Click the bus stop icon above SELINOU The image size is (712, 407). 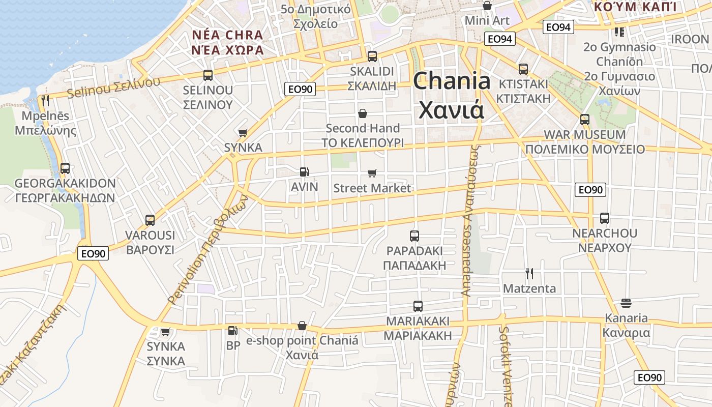pyautogui.click(x=207, y=75)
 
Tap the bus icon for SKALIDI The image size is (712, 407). pyautogui.click(x=372, y=56)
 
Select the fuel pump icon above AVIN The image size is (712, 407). pyautogui.click(x=304, y=172)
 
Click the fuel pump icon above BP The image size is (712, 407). pyautogui.click(x=232, y=331)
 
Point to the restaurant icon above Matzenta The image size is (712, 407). pyautogui.click(x=529, y=274)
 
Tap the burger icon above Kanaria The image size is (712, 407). pyautogui.click(x=626, y=303)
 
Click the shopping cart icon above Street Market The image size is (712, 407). pyautogui.click(x=372, y=173)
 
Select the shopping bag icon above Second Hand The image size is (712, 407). pyautogui.click(x=362, y=113)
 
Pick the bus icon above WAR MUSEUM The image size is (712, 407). pyautogui.click(x=585, y=120)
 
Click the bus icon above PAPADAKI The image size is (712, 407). pyautogui.click(x=414, y=236)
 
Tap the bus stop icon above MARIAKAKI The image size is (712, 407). pyautogui.click(x=418, y=306)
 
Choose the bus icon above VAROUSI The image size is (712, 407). pyautogui.click(x=150, y=220)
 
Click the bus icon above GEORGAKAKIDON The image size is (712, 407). pyautogui.click(x=65, y=168)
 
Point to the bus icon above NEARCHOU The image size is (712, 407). pyautogui.click(x=604, y=218)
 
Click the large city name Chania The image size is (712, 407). pyautogui.click(x=452, y=81)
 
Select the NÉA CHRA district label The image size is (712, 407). pyautogui.click(x=227, y=36)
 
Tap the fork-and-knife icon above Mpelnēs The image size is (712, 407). pyautogui.click(x=46, y=101)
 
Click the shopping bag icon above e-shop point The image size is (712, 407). pyautogui.click(x=302, y=326)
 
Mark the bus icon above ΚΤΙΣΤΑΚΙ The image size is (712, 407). pyautogui.click(x=523, y=69)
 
